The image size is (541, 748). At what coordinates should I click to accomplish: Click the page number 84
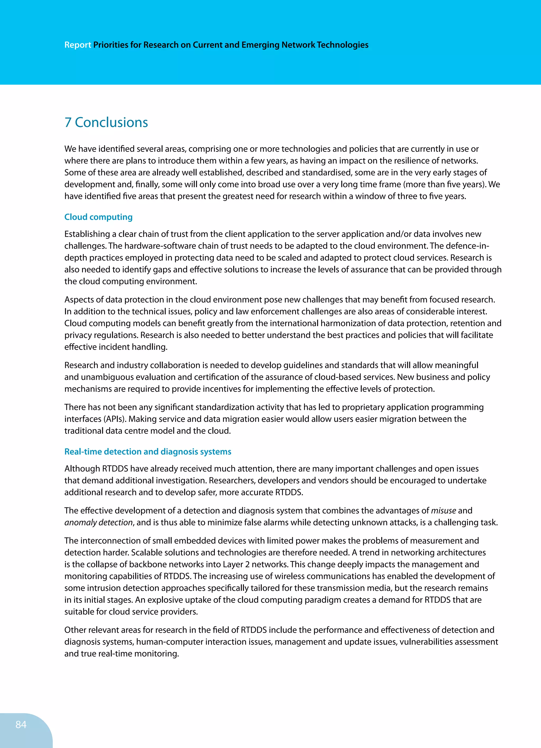pyautogui.click(x=21, y=724)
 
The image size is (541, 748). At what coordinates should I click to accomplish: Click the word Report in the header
pyautogui.click(x=77, y=45)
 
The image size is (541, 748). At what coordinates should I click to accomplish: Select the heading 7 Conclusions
pyautogui.click(x=106, y=122)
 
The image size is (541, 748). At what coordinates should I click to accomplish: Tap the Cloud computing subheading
pyautogui.click(x=98, y=217)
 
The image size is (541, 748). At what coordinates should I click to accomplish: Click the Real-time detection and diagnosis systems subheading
pyautogui.click(x=148, y=451)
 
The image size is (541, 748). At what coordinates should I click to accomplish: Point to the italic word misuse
pyautogui.click(x=444, y=510)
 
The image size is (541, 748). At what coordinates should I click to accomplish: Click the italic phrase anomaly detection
pyautogui.click(x=98, y=522)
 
